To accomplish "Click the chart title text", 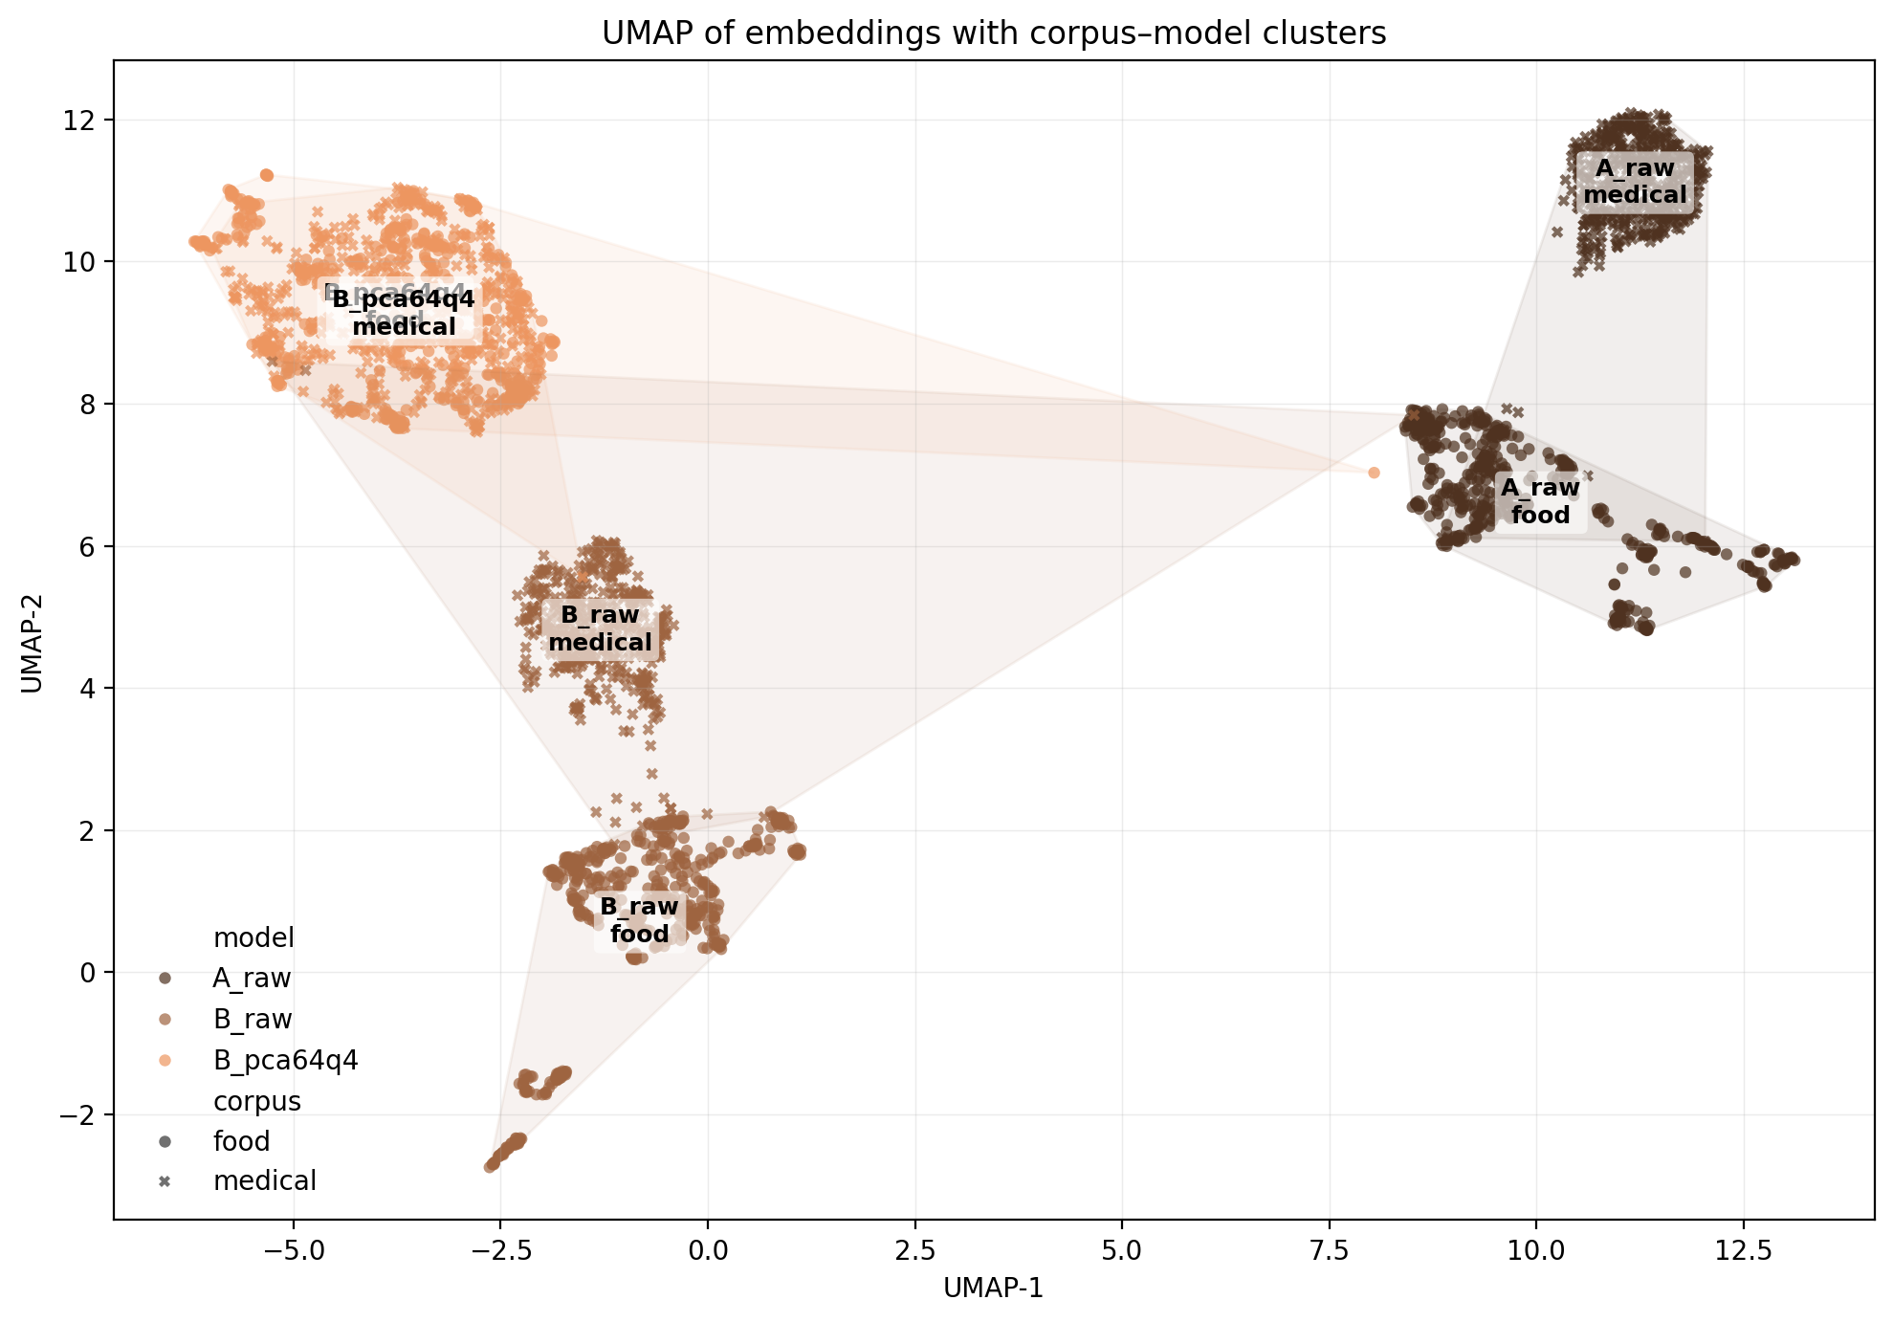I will point(993,33).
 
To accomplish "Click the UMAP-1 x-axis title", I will point(993,1289).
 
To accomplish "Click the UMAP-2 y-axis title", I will point(32,639).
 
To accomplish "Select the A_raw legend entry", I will point(252,978).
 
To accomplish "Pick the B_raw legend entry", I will point(253,1019).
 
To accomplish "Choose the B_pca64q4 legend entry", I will point(285,1060).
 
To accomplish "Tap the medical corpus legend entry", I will point(264,1181).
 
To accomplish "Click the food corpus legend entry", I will point(241,1141).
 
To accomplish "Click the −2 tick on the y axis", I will point(81,1114).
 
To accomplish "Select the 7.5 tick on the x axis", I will point(1329,1250).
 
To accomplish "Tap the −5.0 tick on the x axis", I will point(293,1250).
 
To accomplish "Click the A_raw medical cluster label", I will point(1635,182).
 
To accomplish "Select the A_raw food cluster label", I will point(1540,501).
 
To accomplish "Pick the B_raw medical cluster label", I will point(600,628).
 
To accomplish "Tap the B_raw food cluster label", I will point(639,919).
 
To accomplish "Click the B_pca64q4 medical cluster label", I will point(403,313).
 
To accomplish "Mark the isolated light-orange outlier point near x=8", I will point(1374,473).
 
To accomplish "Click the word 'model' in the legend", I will point(253,937).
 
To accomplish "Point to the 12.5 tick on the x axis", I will point(1743,1250).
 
